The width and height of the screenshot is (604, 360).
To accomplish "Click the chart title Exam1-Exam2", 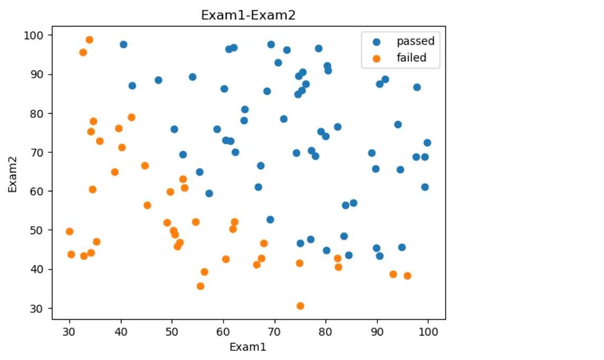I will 248,15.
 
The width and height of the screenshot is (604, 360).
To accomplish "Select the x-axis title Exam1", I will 248,347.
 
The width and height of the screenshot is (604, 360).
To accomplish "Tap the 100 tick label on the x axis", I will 428,331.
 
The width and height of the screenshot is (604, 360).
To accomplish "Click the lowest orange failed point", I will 300,306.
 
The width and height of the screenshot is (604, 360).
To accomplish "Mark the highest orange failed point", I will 89,40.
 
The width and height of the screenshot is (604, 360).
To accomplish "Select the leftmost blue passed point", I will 123,44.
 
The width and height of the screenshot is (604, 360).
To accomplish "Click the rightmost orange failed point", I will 407,276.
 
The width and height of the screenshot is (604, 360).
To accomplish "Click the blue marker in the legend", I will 376,41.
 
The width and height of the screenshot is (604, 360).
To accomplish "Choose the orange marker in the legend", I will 376,58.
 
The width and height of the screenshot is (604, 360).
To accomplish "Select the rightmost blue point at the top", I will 417,87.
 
